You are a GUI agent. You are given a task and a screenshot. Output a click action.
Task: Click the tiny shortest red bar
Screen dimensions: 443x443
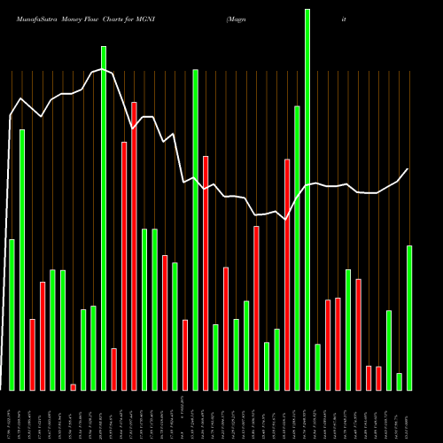(x=73, y=387)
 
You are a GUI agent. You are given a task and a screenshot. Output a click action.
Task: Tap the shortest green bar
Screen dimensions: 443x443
(x=399, y=382)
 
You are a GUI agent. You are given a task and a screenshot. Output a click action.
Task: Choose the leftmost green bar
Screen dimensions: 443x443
(x=12, y=315)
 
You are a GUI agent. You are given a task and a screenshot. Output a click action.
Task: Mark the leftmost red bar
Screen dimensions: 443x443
(x=32, y=354)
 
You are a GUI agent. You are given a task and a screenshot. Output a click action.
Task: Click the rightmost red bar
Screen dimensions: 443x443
(x=378, y=378)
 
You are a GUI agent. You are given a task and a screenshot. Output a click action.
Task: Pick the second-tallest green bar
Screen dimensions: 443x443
(x=103, y=218)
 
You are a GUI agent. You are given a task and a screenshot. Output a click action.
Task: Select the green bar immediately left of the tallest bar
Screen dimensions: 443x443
(x=297, y=248)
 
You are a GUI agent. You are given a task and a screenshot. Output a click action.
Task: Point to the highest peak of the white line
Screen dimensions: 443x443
(x=103, y=69)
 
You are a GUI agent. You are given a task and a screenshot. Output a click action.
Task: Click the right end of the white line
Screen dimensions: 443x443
(x=408, y=169)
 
